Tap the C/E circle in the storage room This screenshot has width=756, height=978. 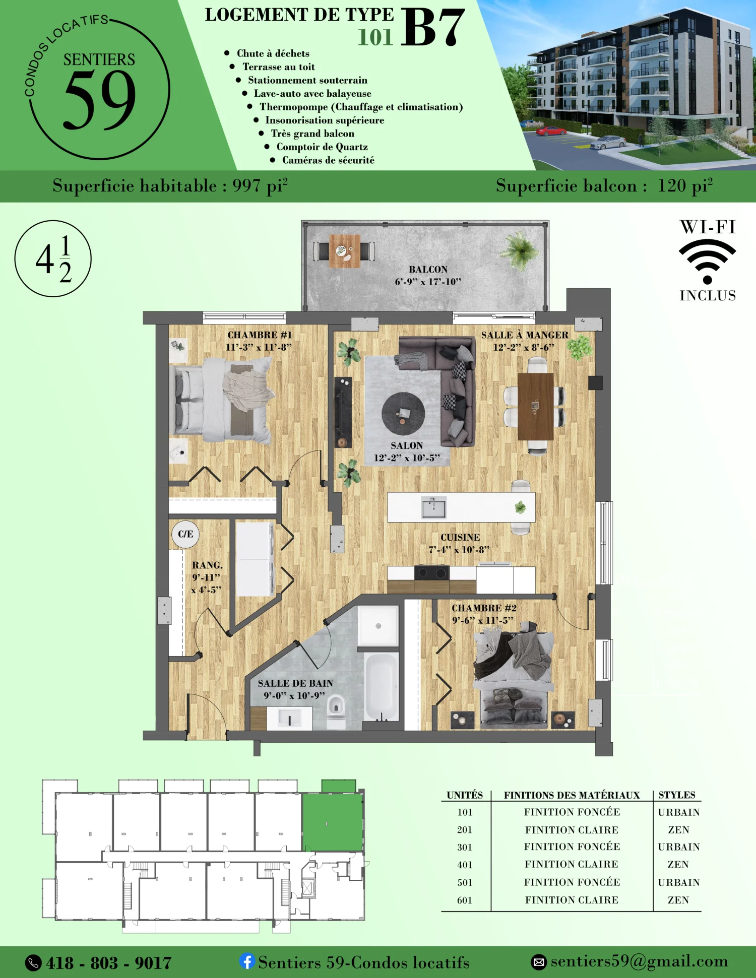coord(185,534)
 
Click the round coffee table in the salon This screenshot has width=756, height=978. coord(403,414)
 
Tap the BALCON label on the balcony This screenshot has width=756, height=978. coord(428,270)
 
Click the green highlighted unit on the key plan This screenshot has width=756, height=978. coord(333,822)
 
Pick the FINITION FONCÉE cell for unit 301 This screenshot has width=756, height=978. coord(572,846)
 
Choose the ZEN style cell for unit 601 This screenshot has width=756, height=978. coord(678,900)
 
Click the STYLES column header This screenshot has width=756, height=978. coord(677,795)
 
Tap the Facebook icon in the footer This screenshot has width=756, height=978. coord(247,961)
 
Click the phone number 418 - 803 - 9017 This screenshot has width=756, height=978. coord(109,963)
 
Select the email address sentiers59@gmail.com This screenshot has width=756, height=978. coord(639,961)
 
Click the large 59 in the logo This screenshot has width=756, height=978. coord(100,99)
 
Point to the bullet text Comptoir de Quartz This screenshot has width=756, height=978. coord(322,147)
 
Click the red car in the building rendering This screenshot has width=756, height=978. coord(551,131)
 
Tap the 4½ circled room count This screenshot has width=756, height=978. coord(53,258)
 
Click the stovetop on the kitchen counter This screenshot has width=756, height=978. coord(431,573)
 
